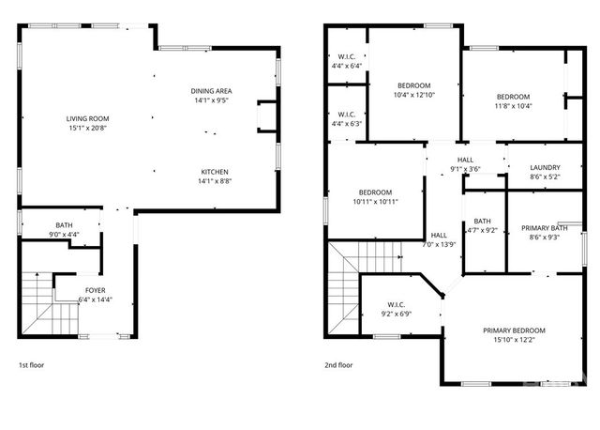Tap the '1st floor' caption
click(x=31, y=364)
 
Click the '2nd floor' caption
click(x=338, y=364)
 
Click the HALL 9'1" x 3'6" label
click(x=466, y=164)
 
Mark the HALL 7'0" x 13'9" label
click(x=439, y=239)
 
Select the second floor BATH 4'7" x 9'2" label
click(x=482, y=225)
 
